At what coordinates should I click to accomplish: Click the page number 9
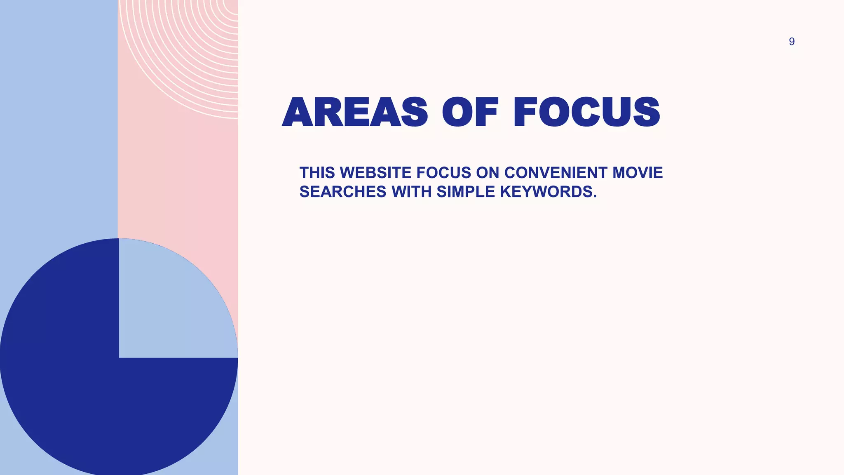pos(791,42)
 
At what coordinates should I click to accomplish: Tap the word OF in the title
pos(470,112)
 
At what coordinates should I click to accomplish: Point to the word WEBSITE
pos(375,173)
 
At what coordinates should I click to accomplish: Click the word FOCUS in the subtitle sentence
pos(443,173)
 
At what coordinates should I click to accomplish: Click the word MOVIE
pos(638,173)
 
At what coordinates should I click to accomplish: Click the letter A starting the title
pos(298,112)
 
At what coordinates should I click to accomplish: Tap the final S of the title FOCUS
pos(646,112)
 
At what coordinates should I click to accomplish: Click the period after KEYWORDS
pos(595,196)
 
